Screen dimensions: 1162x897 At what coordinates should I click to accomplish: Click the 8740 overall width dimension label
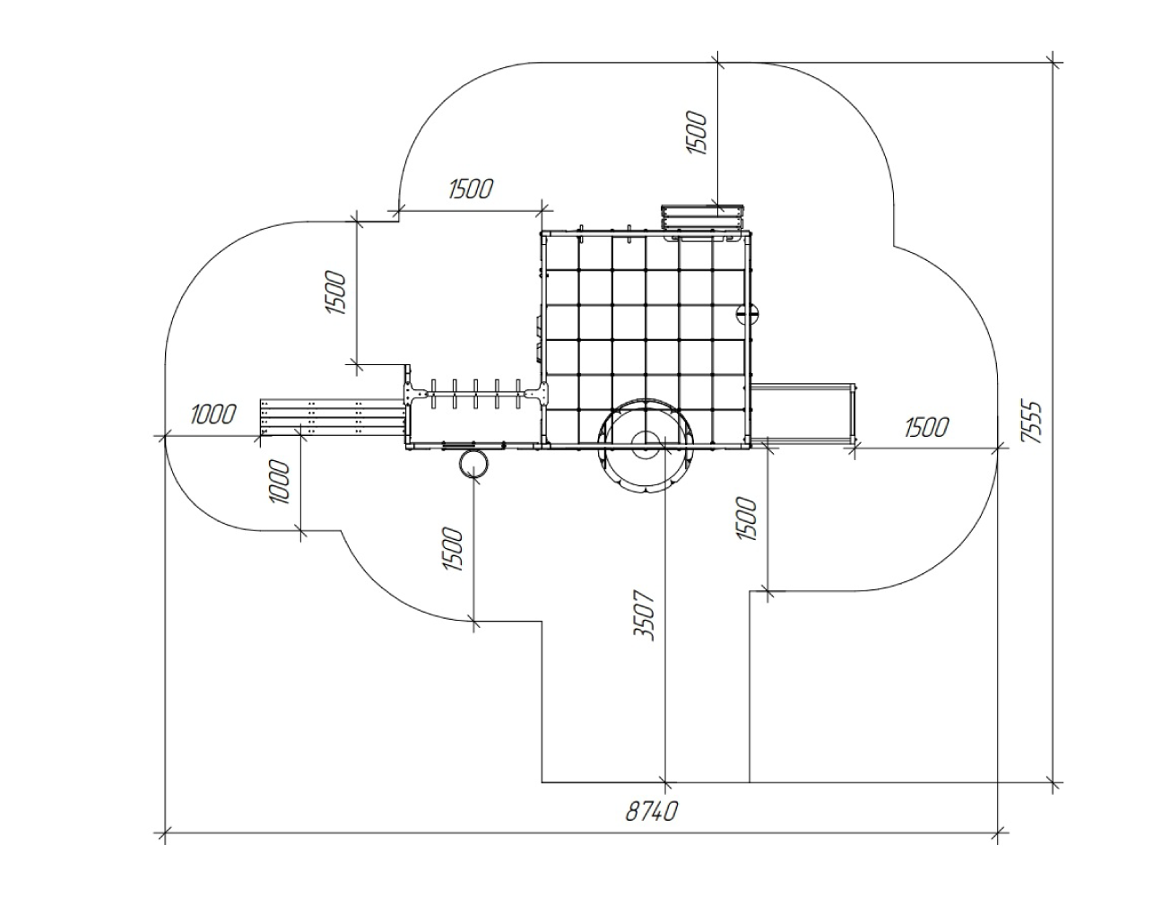tap(651, 811)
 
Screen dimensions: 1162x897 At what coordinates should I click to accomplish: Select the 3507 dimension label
tap(645, 615)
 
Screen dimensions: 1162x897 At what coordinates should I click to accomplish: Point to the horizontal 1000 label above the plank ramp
tap(213, 414)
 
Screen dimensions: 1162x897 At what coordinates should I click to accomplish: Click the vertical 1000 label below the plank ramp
tap(280, 481)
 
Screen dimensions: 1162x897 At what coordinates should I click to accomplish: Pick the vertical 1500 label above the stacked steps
tap(697, 133)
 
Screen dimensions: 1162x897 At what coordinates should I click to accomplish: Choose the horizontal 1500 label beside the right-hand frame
tap(926, 427)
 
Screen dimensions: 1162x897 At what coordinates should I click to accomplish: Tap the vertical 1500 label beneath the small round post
tap(453, 549)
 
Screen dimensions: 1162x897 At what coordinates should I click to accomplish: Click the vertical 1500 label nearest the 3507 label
tap(747, 518)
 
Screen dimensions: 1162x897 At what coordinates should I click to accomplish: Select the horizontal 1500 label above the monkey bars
tap(471, 188)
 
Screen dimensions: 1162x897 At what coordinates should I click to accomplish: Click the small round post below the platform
tap(473, 464)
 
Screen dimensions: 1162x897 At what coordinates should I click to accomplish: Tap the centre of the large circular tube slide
tap(646, 443)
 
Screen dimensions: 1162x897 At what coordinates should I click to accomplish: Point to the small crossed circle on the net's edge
tap(747, 313)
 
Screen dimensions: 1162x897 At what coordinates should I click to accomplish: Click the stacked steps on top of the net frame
tap(703, 218)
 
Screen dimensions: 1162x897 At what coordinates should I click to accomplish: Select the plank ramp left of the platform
tap(333, 417)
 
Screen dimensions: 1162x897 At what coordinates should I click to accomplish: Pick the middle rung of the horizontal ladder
tap(475, 394)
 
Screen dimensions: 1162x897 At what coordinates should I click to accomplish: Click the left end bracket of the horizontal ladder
tap(417, 394)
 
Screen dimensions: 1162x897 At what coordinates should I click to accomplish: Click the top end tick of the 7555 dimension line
tap(1053, 63)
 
